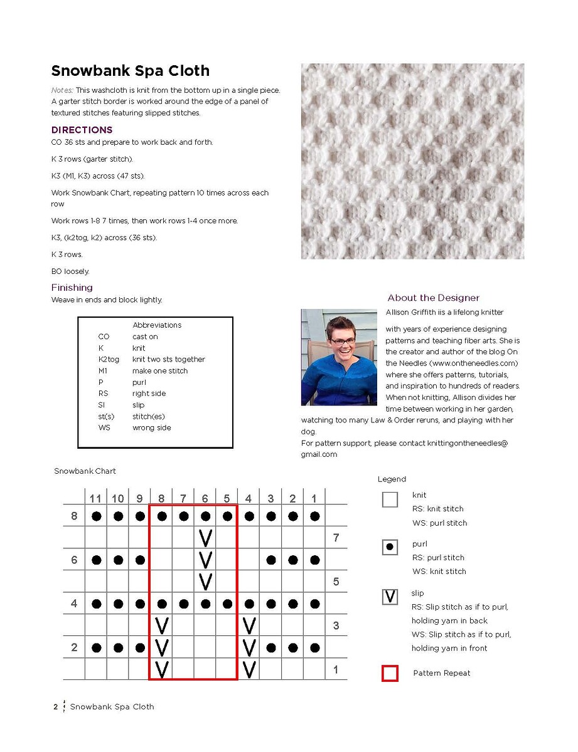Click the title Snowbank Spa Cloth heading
tap(130, 71)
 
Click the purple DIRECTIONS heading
tap(82, 130)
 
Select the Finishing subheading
tap(72, 288)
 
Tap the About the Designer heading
tap(433, 298)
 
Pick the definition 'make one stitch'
tap(160, 371)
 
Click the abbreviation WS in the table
tap(104, 427)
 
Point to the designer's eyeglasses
tap(343, 341)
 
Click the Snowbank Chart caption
tap(85, 471)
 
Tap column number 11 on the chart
tap(95, 499)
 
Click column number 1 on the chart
tap(314, 499)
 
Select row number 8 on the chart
tap(74, 516)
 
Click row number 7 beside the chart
tap(336, 538)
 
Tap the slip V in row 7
tap(205, 538)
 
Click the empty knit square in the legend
tap(390, 499)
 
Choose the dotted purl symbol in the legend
tap(390, 548)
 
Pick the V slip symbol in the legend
tap(390, 597)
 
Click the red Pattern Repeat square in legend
tap(390, 674)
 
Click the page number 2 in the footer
tap(55, 707)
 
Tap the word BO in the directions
tap(56, 271)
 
